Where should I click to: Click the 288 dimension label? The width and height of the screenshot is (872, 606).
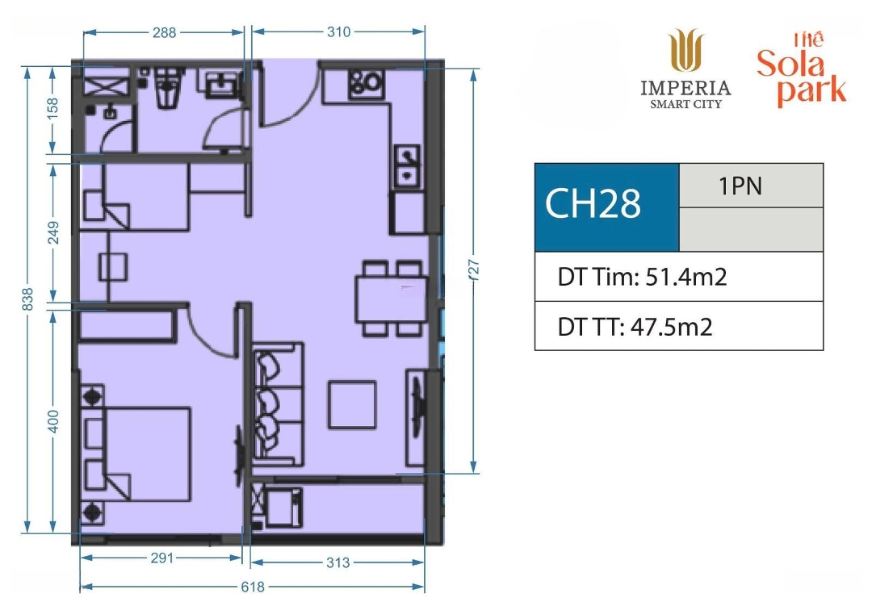point(165,33)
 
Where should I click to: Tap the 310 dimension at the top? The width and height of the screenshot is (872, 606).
point(338,32)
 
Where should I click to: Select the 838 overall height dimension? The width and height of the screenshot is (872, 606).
point(27,299)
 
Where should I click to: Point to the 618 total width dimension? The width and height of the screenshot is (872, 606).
point(253,587)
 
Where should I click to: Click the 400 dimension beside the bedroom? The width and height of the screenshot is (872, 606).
point(52,421)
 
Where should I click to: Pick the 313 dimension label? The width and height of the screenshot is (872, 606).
point(337,562)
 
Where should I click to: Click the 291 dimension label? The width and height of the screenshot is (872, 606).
point(162,558)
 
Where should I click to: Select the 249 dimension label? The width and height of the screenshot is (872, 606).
point(52,232)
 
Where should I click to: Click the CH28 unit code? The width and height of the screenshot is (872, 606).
point(593,203)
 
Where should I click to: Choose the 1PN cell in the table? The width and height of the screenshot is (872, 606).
point(740,186)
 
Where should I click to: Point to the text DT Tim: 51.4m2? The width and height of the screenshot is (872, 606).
point(643,276)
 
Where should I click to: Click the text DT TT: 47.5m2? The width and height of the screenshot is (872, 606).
point(635,326)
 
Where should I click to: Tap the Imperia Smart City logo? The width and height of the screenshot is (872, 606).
point(685,69)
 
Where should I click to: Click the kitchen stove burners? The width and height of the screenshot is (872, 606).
point(366,83)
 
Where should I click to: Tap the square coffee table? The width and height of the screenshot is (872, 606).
point(351,404)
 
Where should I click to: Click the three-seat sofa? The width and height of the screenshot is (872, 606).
point(278,404)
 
